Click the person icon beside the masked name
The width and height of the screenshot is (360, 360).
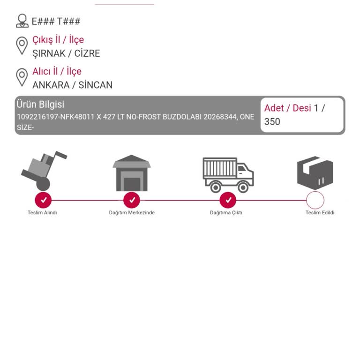(x=22, y=21)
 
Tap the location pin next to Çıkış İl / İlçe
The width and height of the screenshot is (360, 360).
(x=22, y=46)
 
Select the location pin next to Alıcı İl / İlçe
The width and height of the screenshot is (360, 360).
(x=22, y=77)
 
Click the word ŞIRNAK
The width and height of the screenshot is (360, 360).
(x=49, y=54)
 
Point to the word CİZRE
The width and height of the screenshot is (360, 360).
(x=87, y=53)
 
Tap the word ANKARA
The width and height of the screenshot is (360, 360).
(x=51, y=85)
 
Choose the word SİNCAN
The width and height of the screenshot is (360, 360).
(x=96, y=85)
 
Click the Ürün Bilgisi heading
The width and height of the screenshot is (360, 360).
(x=40, y=105)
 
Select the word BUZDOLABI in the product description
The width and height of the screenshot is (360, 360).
(x=182, y=117)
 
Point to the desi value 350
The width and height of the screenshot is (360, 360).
(x=272, y=122)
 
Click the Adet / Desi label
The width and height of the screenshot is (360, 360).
(x=288, y=108)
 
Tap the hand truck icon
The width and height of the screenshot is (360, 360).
(x=44, y=171)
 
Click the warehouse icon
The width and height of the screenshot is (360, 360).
(x=132, y=173)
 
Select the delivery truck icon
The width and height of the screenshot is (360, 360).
(x=228, y=175)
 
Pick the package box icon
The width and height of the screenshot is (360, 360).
(x=315, y=173)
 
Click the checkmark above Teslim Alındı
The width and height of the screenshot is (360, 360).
(x=43, y=200)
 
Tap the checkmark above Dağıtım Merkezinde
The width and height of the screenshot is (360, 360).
(x=132, y=200)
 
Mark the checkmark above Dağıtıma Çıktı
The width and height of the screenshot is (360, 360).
(x=228, y=200)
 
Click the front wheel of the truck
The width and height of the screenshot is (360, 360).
(x=243, y=187)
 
